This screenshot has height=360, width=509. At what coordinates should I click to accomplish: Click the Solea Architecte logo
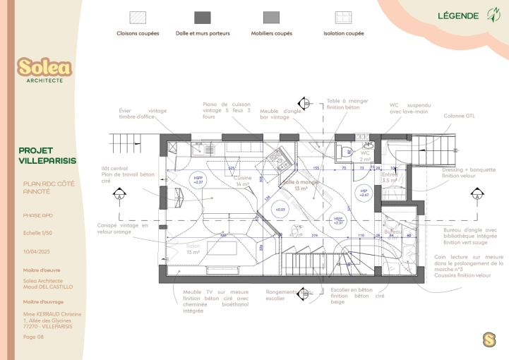tap(44, 70)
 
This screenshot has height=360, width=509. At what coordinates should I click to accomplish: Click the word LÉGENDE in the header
tap(458, 16)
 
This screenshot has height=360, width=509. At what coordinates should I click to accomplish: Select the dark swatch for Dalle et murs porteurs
tap(203, 18)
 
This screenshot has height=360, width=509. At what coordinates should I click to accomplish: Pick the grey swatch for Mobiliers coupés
tap(272, 18)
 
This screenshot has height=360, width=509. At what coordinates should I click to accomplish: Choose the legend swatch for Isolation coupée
tap(344, 18)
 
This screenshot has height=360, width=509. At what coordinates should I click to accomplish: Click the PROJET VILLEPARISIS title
tap(47, 155)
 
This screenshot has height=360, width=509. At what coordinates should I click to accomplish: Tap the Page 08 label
tap(33, 337)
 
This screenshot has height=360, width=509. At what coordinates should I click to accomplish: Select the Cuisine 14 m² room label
tap(243, 181)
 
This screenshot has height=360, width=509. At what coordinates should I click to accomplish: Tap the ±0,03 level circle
tap(280, 210)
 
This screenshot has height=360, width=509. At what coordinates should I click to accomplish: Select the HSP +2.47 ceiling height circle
tap(364, 192)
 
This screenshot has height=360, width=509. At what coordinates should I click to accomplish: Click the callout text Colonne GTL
tap(459, 116)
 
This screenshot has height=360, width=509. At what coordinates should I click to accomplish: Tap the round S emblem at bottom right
tap(489, 340)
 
